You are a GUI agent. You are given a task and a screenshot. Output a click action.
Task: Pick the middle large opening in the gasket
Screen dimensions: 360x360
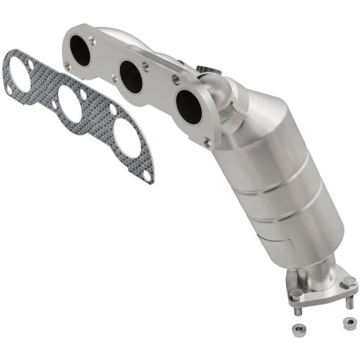(70, 104)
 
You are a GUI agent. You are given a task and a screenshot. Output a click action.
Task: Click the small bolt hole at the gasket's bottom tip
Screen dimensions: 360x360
(145, 174)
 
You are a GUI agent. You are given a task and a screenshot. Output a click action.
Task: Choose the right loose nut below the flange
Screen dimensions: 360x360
(348, 323)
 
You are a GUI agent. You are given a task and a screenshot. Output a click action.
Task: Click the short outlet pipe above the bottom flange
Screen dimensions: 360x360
(317, 271)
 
